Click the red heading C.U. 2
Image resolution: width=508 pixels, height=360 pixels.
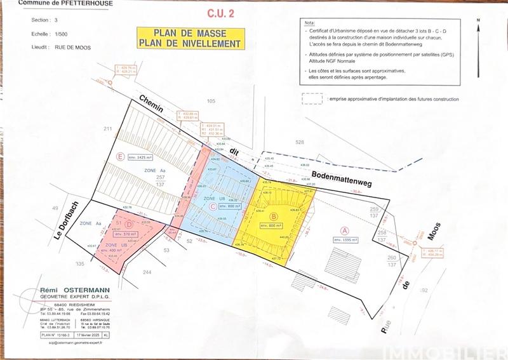coord(220,12)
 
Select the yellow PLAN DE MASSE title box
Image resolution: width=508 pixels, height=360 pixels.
coord(190,38)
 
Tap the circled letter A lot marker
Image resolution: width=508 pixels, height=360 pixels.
coord(345,230)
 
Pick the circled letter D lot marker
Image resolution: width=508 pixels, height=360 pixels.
coord(129,223)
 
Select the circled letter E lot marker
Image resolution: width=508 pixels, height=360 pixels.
coord(121,156)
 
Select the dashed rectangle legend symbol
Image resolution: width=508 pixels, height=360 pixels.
coord(312,98)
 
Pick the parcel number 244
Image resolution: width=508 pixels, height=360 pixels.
coord(147,272)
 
